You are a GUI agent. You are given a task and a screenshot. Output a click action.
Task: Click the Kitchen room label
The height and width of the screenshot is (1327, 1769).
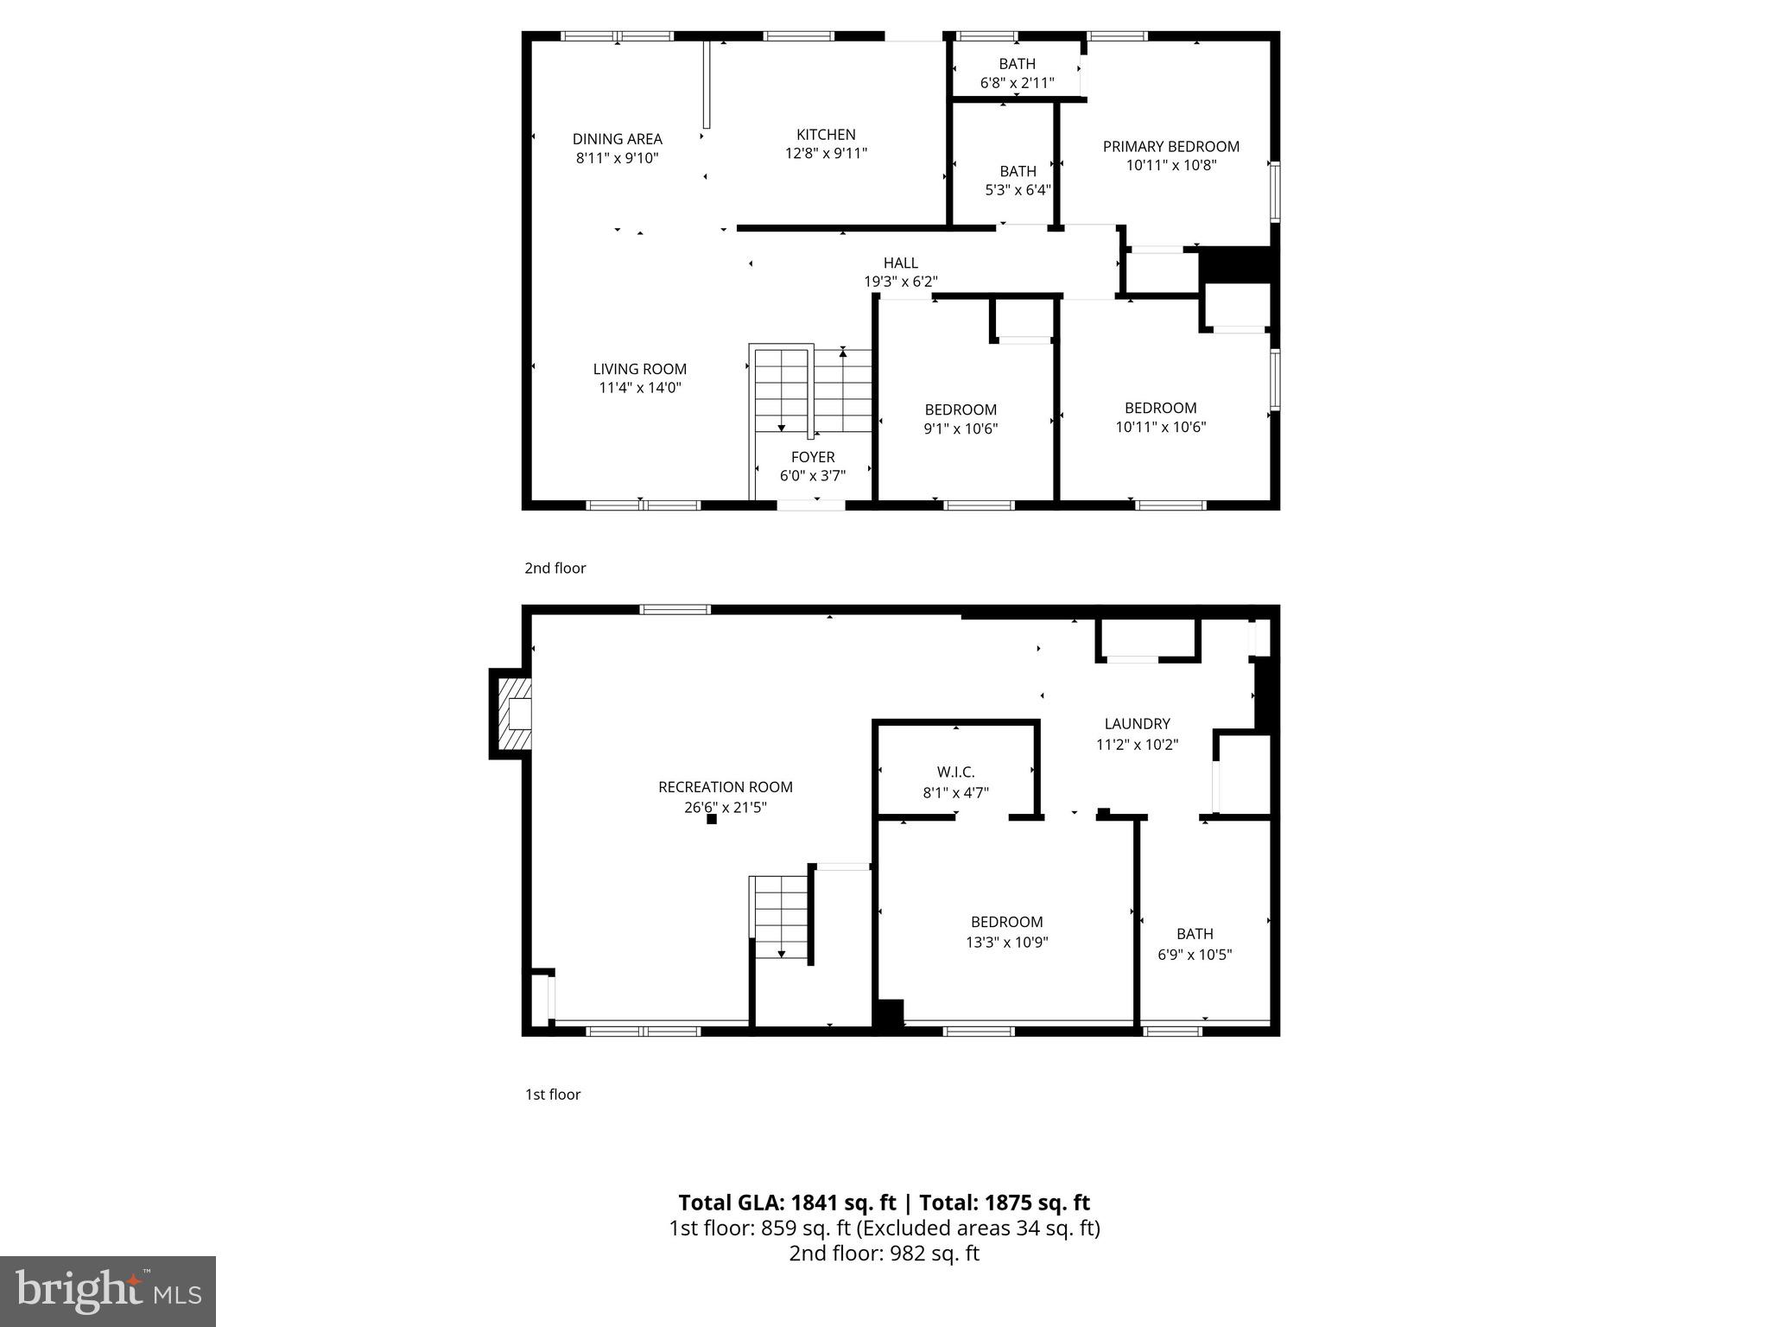click(826, 135)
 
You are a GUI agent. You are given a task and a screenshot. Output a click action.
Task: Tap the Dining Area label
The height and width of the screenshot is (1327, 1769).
click(617, 139)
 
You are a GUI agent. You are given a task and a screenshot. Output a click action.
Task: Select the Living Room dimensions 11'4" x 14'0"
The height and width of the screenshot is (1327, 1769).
click(639, 388)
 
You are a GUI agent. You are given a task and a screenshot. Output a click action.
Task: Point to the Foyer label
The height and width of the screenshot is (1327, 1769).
click(813, 457)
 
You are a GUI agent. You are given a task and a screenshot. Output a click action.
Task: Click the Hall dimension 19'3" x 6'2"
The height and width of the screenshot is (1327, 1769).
click(900, 282)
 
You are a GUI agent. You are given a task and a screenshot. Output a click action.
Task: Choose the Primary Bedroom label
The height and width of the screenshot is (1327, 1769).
click(1170, 147)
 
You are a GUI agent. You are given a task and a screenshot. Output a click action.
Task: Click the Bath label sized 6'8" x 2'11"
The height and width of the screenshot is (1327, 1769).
click(1017, 64)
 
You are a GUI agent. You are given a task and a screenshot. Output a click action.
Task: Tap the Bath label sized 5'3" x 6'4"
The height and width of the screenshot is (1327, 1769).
click(1018, 171)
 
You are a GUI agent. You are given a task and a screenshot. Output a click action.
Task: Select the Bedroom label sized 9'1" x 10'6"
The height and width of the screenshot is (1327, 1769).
click(961, 410)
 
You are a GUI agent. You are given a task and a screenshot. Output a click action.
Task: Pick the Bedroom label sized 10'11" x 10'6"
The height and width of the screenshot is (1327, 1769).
click(1160, 408)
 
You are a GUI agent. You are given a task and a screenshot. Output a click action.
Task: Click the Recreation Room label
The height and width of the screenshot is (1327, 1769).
click(725, 787)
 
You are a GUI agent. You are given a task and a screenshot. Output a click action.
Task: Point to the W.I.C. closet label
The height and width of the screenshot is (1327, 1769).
click(955, 771)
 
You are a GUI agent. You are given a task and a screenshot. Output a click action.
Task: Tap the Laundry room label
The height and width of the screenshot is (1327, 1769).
click(1137, 724)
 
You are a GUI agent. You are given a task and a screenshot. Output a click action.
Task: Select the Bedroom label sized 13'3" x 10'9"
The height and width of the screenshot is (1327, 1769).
click(1006, 922)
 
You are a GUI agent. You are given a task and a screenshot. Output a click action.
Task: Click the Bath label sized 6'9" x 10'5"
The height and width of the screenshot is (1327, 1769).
click(1195, 934)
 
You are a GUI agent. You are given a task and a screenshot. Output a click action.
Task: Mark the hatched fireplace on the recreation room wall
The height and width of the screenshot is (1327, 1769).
click(511, 714)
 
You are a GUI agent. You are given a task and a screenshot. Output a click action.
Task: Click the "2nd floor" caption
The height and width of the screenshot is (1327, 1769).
click(555, 568)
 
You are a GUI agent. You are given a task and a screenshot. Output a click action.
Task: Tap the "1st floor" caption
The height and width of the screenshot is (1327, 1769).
click(553, 1095)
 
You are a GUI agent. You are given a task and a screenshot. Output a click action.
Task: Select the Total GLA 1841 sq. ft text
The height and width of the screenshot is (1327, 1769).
click(788, 1203)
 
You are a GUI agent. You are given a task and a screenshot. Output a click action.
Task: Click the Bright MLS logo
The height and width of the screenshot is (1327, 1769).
click(108, 1292)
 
